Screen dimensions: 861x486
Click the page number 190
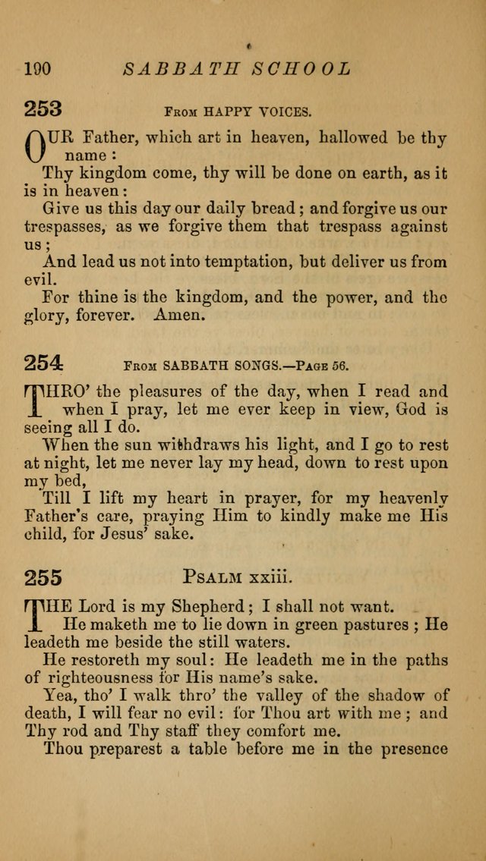point(36,69)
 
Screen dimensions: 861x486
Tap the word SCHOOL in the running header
point(308,69)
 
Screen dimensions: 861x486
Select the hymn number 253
point(43,109)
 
